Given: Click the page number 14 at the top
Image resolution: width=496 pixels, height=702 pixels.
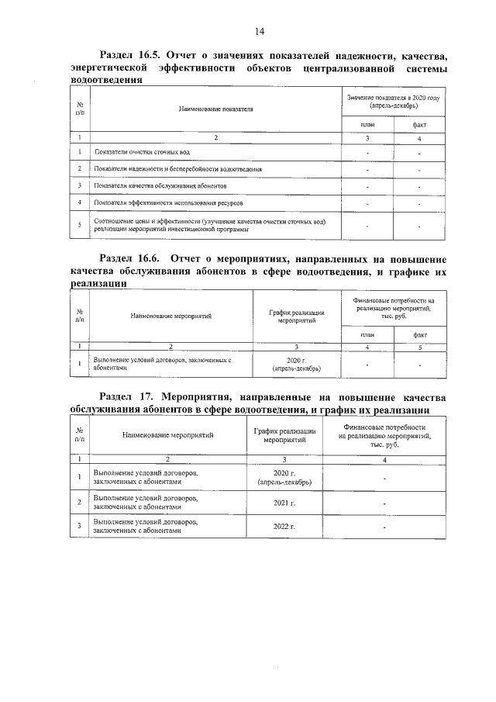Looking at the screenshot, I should point(259,31).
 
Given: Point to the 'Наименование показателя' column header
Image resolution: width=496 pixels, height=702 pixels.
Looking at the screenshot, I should point(216,110).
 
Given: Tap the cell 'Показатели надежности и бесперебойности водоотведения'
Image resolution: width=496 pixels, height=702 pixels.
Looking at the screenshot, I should point(177,168).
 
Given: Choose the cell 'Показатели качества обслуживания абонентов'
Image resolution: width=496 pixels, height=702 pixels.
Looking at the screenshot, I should point(160,185).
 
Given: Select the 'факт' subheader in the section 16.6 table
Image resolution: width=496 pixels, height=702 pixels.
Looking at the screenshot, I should point(420,334).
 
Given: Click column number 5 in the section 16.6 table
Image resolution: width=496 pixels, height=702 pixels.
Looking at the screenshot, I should point(420,347).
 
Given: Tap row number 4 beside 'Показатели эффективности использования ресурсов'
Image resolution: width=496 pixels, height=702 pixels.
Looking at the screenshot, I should point(81,202).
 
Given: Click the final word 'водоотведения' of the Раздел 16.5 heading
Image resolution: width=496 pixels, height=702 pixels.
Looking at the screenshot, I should point(105,80).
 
